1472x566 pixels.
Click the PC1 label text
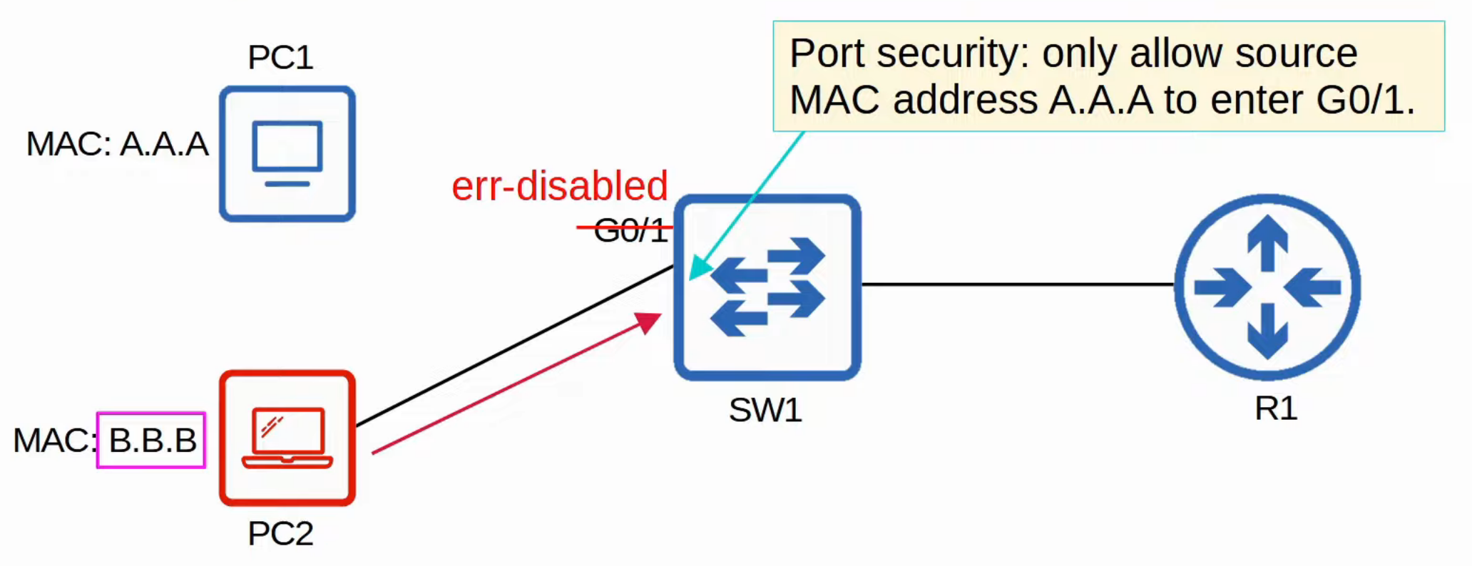[x=280, y=58]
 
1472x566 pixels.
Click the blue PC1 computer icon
[x=287, y=154]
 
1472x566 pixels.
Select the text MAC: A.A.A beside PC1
[x=118, y=145]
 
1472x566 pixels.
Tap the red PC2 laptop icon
[x=287, y=438]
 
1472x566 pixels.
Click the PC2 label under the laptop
[x=280, y=534]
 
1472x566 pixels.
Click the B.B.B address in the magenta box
[x=152, y=441]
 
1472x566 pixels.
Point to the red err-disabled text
[x=560, y=186]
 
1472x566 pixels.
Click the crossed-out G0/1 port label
[x=630, y=230]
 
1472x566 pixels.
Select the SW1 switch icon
[x=767, y=287]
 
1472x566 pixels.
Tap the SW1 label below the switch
[x=765, y=411]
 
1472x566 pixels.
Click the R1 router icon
[x=1267, y=287]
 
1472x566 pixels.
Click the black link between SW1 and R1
[x=1016, y=284]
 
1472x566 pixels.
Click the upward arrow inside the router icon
[x=1267, y=242]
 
